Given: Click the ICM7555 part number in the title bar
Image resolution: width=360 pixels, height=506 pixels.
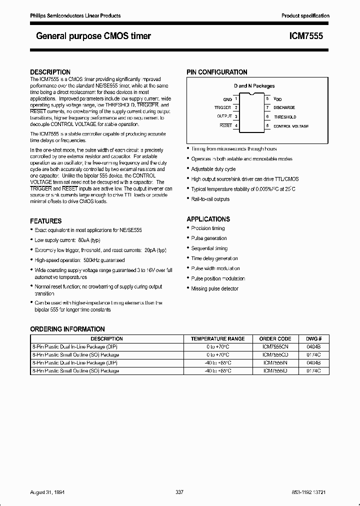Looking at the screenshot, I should click(x=306, y=36).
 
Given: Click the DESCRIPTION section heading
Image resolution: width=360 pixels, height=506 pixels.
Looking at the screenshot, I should click(x=50, y=72).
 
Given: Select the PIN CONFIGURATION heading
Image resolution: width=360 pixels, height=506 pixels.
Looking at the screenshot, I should click(x=217, y=72).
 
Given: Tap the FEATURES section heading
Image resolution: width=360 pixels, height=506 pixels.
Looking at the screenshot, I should click(x=46, y=220).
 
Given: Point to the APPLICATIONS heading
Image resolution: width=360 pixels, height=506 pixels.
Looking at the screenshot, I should click(x=208, y=219).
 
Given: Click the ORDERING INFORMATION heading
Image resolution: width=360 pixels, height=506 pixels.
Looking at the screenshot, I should click(x=67, y=329).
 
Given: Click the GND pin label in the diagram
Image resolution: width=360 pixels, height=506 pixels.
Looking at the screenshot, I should click(x=227, y=99).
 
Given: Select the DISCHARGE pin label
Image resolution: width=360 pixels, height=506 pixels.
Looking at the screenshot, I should click(x=284, y=107).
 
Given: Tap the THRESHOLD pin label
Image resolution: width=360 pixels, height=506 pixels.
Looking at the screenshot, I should click(x=284, y=117).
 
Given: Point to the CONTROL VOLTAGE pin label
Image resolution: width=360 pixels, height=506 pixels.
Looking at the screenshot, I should click(x=291, y=126).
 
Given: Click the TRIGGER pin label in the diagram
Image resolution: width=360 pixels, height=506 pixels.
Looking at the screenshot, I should click(x=222, y=107).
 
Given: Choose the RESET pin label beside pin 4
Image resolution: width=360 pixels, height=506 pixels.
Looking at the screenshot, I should click(x=225, y=125).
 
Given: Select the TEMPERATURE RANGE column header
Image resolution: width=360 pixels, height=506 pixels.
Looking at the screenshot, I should click(x=217, y=338).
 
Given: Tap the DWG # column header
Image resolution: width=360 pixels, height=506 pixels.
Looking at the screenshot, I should click(x=316, y=338).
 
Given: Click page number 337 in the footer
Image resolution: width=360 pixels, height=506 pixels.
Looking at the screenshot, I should click(x=180, y=492).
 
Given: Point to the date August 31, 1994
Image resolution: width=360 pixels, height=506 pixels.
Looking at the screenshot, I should click(x=50, y=492).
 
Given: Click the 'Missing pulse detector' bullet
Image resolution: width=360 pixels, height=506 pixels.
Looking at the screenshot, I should click(x=214, y=288).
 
